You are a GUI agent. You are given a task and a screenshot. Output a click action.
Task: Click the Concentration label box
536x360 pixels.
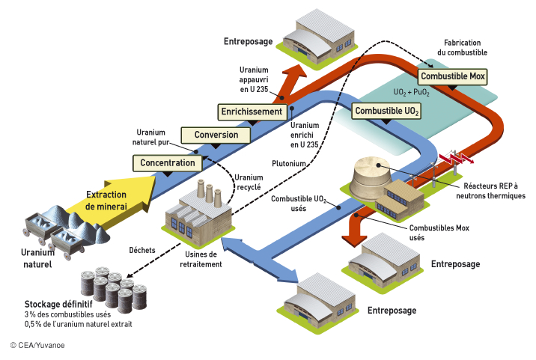168,162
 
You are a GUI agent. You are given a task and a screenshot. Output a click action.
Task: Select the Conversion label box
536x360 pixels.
216,135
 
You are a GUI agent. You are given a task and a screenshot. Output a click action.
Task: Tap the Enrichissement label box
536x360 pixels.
252,112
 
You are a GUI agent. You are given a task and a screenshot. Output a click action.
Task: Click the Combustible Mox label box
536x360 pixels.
453,76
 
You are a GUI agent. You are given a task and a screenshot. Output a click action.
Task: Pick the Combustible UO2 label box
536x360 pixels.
387,112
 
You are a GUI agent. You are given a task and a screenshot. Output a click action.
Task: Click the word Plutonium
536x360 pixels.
287,161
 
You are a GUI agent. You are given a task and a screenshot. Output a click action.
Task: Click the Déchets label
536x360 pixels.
142,250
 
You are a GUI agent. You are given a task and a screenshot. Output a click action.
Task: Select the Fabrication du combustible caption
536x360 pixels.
462,48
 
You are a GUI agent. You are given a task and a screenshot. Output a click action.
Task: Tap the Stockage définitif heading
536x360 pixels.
58,305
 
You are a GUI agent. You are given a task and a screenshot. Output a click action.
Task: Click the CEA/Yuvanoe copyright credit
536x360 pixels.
37,346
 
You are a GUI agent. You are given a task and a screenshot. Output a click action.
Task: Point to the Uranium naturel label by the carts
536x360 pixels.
37,259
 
